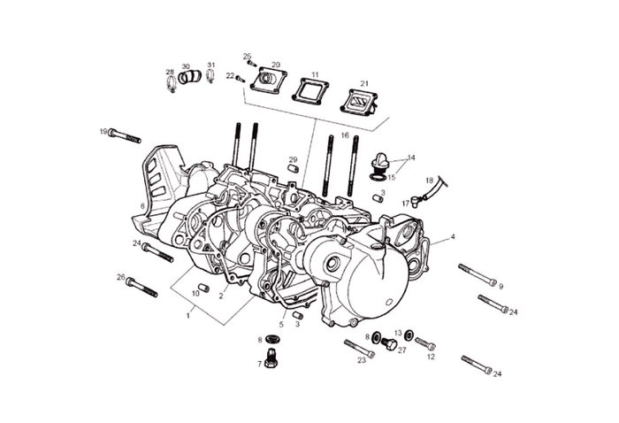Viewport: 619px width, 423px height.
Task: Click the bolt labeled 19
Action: (125, 136)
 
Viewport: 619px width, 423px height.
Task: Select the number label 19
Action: (103, 132)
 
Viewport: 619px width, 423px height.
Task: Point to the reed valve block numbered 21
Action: (360, 102)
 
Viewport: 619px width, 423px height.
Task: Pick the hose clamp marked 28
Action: (170, 85)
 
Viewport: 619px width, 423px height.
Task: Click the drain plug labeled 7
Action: (271, 360)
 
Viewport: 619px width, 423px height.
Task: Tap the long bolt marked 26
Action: (141, 286)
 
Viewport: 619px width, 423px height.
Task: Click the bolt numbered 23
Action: (358, 350)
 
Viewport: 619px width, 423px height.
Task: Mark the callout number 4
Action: (453, 237)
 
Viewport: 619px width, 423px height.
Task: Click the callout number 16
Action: (345, 135)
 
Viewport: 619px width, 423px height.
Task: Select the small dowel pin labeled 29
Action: (293, 169)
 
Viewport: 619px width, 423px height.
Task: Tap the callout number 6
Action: (142, 206)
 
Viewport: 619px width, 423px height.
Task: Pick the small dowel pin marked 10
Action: (203, 287)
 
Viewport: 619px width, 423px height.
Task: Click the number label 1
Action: (188, 313)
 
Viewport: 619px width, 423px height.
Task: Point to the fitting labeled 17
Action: (415, 201)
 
